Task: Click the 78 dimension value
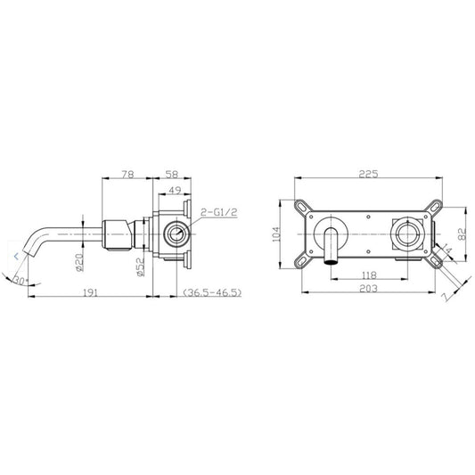point(127,175)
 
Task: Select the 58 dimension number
point(172,175)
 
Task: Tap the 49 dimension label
point(175,191)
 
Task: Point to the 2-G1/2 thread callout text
point(219,212)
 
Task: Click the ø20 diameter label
point(79,262)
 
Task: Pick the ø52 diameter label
point(141,266)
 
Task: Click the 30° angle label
point(20,281)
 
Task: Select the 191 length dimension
point(90,292)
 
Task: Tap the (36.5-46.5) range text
point(212,292)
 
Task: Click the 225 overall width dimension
point(368,174)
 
